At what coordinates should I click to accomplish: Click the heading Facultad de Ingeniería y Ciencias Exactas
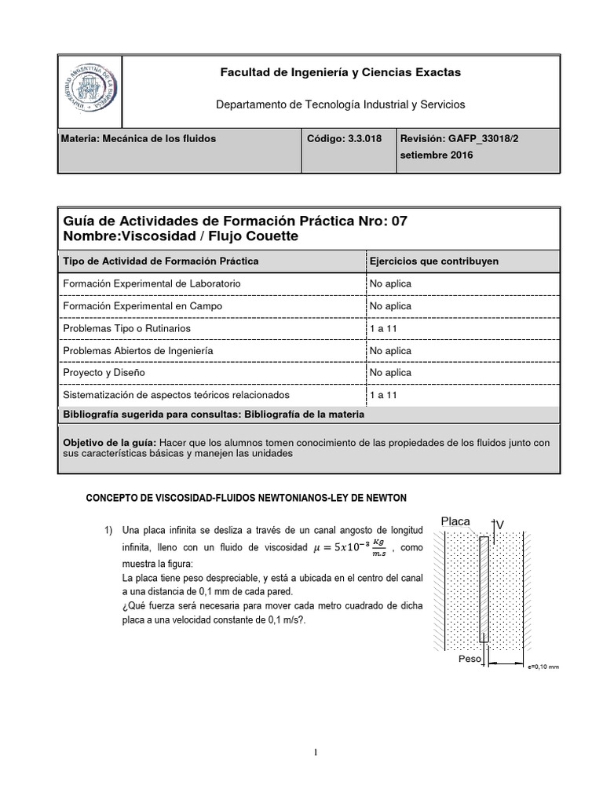(x=340, y=72)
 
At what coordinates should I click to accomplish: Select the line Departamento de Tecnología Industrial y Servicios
(x=340, y=104)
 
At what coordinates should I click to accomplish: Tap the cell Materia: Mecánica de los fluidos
(x=138, y=138)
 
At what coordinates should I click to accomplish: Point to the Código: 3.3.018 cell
(x=345, y=138)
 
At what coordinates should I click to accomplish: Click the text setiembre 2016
(x=437, y=155)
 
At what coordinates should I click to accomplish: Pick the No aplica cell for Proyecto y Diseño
(x=390, y=372)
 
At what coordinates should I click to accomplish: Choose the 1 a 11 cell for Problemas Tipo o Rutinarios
(x=384, y=327)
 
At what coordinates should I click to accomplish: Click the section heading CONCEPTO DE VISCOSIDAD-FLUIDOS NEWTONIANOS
(x=246, y=498)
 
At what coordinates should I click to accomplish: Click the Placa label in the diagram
(x=455, y=521)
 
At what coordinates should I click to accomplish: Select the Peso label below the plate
(x=470, y=660)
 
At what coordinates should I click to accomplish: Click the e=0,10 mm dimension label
(x=543, y=667)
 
